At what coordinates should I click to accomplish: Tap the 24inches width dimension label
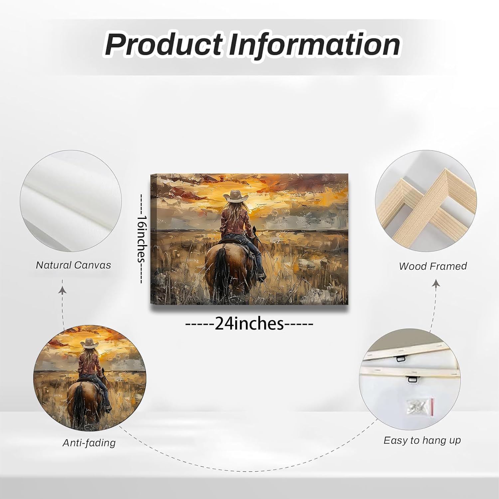click(x=249, y=323)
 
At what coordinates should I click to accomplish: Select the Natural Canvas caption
click(x=73, y=265)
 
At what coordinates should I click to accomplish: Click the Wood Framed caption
click(x=433, y=266)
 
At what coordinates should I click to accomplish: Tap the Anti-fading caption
click(x=89, y=442)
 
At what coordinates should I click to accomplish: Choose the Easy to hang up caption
click(x=422, y=440)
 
